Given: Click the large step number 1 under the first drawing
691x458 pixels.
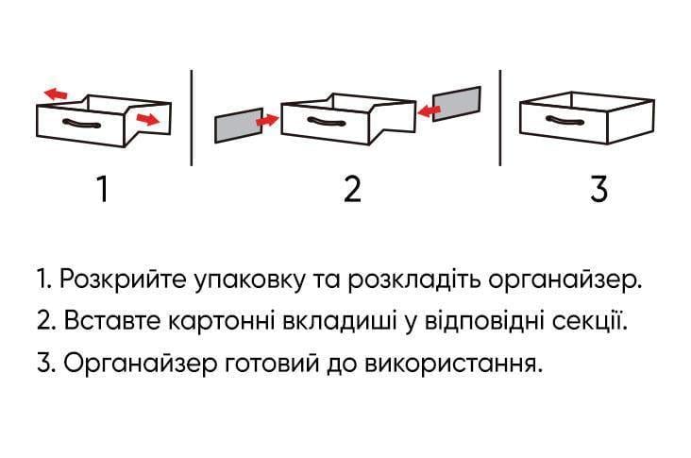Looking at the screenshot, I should (x=102, y=189).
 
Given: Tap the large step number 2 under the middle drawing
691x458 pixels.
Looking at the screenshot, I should (x=351, y=189).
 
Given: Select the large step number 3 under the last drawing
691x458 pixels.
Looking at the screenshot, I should (x=598, y=189).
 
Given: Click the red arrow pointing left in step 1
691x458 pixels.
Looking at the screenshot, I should (x=57, y=93).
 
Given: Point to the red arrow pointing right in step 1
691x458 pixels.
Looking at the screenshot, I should (x=147, y=119).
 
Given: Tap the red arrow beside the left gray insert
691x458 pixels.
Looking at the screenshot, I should (x=269, y=120).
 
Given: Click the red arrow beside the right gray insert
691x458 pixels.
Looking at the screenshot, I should (x=430, y=112).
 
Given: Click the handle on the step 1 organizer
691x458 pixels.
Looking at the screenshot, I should (x=81, y=125).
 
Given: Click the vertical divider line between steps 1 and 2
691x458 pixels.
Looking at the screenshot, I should (x=192, y=117).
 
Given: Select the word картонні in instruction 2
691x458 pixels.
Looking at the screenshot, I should (x=219, y=322).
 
